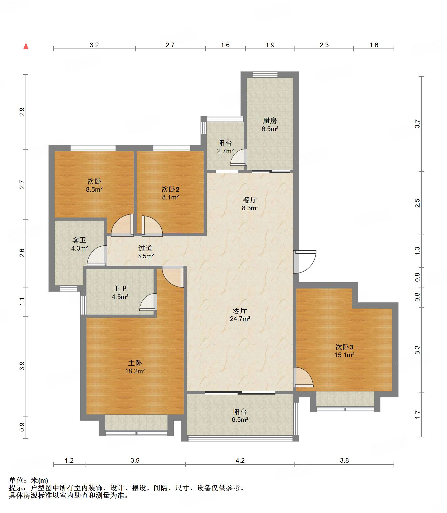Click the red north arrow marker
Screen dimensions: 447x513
pos(26,46)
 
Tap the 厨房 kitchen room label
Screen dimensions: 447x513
pos(270,121)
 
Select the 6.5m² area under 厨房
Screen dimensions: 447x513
pos(270,129)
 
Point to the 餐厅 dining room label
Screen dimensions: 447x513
pos(250,200)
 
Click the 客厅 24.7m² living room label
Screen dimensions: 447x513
pos(240,315)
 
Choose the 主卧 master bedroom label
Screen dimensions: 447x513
pos(135,363)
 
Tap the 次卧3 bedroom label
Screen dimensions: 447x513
pos(344,347)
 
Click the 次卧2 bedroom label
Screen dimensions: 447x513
pos(170,189)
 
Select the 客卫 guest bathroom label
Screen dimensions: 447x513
pos(79,240)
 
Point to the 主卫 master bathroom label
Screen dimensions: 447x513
pos(120,288)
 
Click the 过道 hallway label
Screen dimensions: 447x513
pos(145,248)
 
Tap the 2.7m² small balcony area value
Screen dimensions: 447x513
pos(225,151)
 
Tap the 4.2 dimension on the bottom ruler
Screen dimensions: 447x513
pos(240,460)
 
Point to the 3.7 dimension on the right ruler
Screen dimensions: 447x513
pos(417,124)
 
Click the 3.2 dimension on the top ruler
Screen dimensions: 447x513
pos(94,45)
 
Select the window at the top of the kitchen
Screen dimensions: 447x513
pos(265,75)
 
